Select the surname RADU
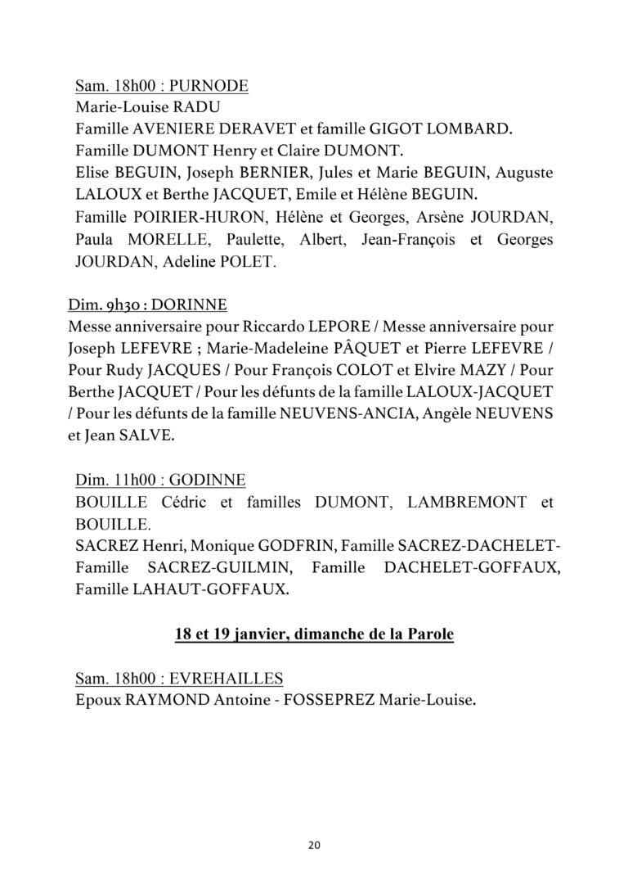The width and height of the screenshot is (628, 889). click(197, 107)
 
